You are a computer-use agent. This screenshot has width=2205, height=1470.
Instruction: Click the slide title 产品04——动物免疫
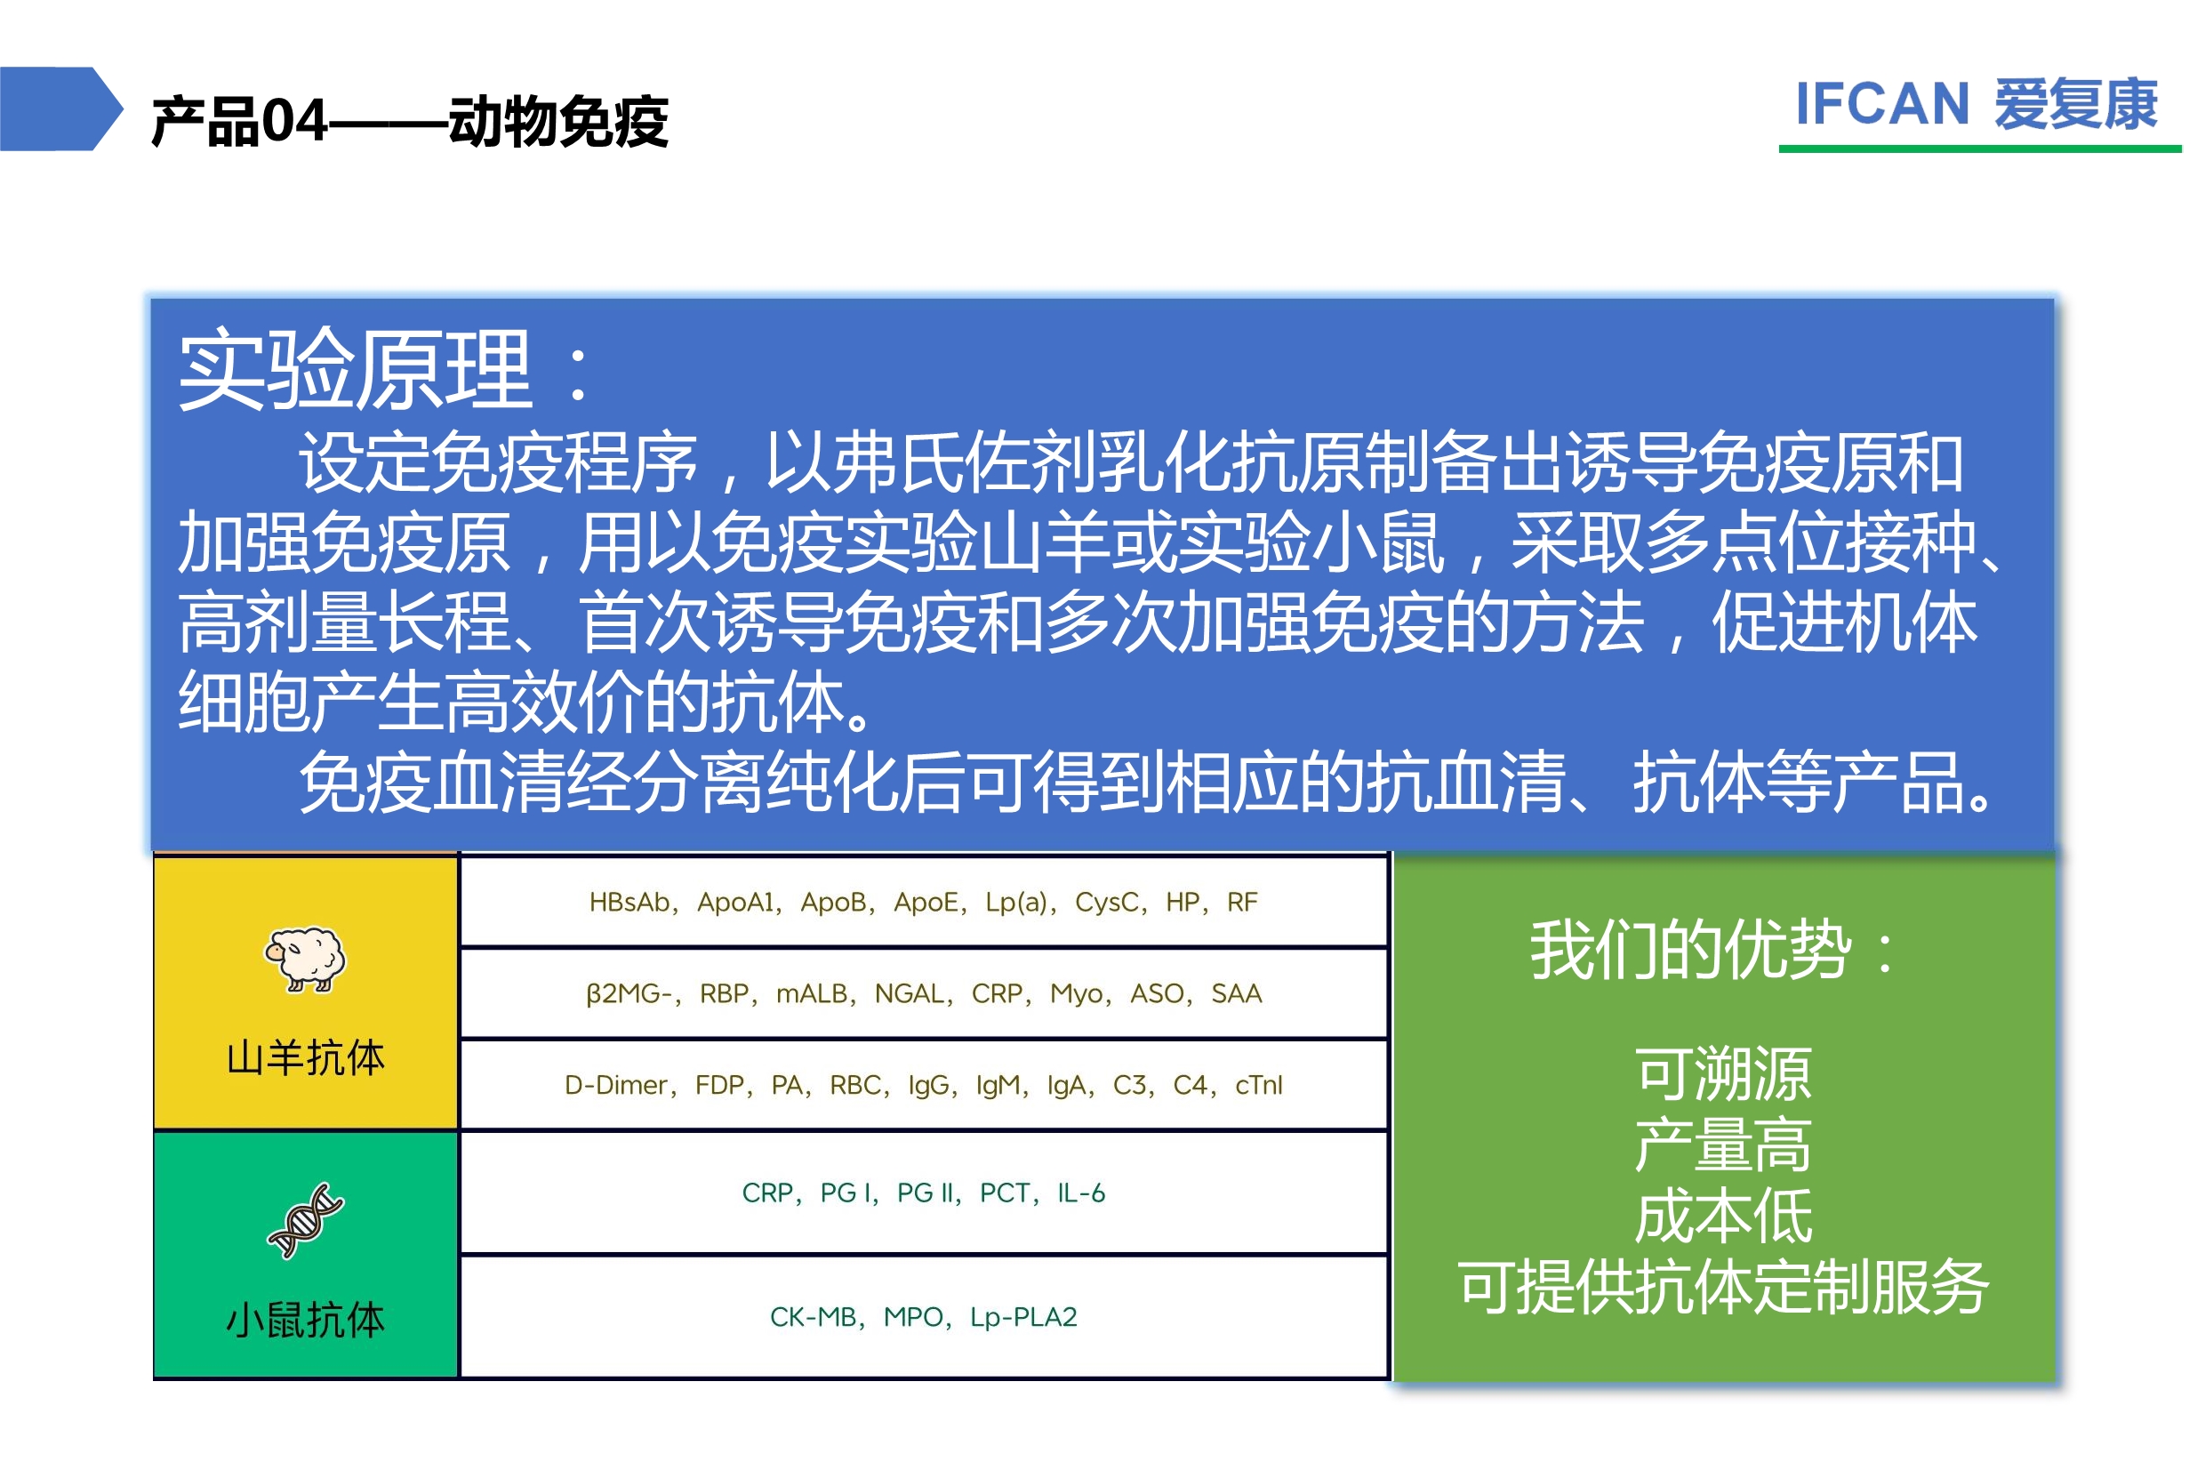pos(410,122)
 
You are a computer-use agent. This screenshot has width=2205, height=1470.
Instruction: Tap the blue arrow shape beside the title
pos(61,108)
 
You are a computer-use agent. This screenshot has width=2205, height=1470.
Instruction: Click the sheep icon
pos(305,959)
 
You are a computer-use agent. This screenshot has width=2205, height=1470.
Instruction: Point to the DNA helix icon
pos(306,1220)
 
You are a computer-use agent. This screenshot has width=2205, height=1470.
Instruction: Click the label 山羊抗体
pos(306,1057)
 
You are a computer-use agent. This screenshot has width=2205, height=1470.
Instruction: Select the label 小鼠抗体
pos(306,1319)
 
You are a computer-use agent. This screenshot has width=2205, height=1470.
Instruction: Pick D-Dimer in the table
pos(615,1085)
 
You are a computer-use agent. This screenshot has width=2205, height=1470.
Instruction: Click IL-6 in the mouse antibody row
pos(1081,1193)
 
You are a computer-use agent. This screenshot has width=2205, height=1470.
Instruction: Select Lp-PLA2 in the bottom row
pos(1023,1317)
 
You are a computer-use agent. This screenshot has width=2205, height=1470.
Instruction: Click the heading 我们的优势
pos(1691,950)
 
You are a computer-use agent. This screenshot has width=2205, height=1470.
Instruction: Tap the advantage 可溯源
pos(1723,1074)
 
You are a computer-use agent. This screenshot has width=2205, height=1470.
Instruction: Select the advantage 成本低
pos(1723,1217)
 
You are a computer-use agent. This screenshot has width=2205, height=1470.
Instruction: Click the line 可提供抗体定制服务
pos(1723,1287)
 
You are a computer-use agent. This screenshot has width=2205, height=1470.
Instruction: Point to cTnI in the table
pos(1258,1085)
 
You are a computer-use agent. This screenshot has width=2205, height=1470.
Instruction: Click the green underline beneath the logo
pos(1980,149)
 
